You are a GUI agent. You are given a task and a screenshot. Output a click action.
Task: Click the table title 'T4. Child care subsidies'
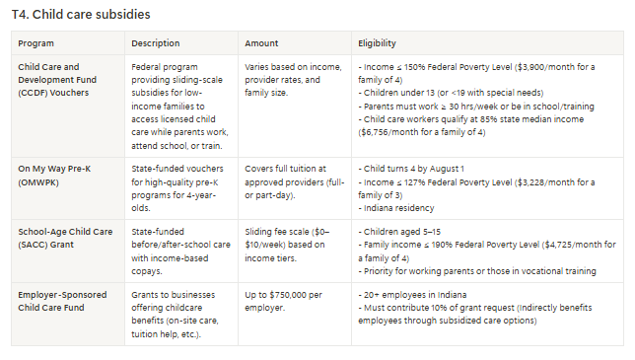pos(81,15)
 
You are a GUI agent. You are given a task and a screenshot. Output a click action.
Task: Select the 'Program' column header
pos(35,44)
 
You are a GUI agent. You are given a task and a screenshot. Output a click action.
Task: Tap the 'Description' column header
pos(155,44)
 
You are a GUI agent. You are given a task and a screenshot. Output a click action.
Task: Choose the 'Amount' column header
pos(263,44)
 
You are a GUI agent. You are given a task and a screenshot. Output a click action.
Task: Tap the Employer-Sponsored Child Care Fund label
pos(60,301)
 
